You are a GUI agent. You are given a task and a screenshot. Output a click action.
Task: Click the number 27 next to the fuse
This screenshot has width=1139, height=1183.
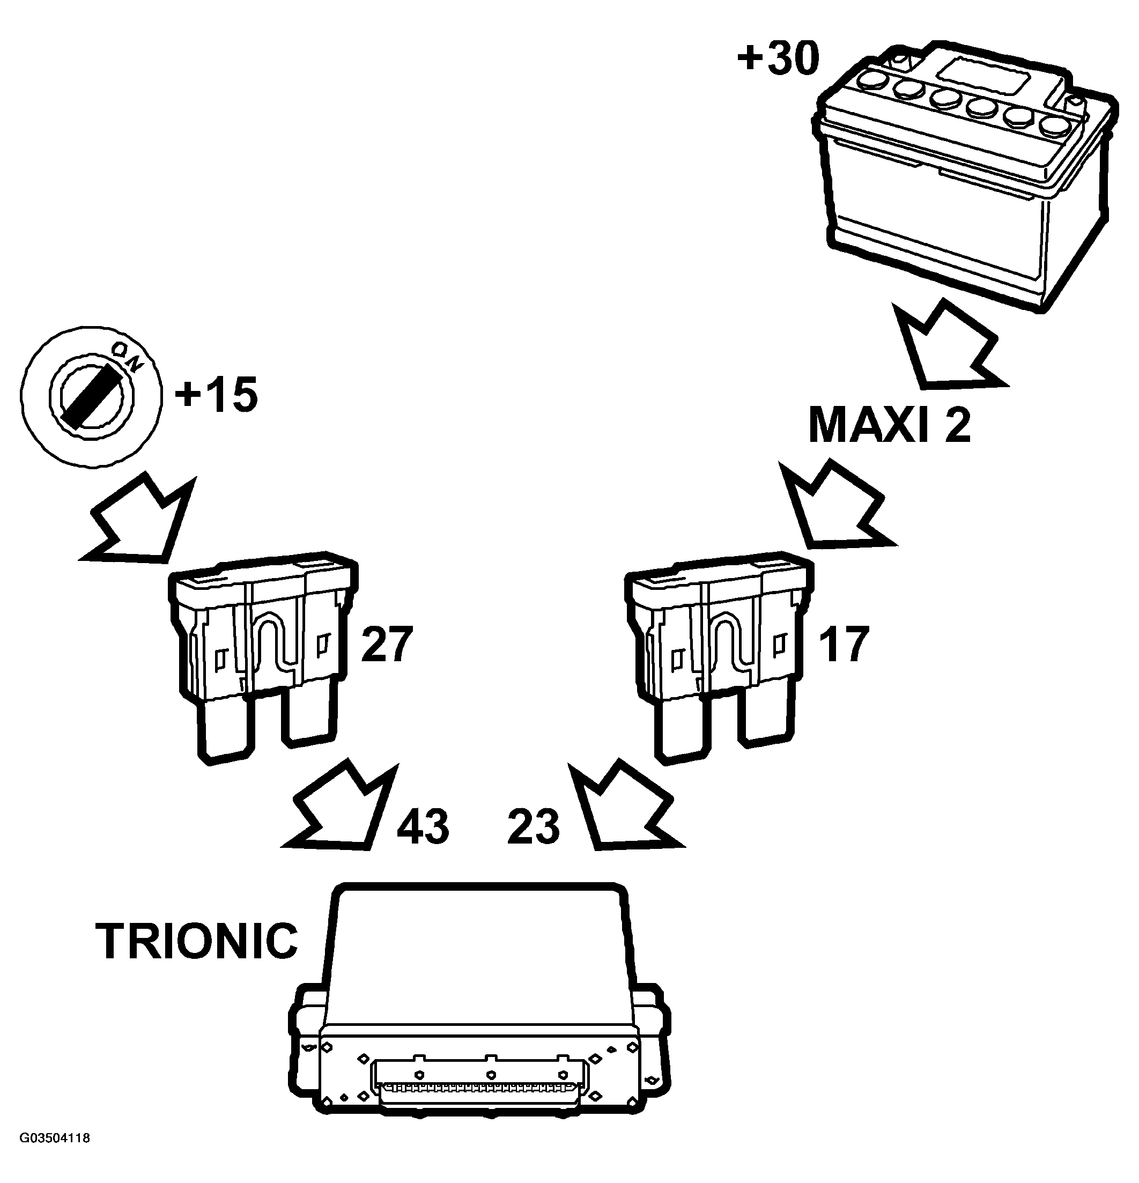pyautogui.click(x=386, y=645)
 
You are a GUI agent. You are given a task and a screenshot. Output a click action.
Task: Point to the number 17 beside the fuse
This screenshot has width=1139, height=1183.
pyautogui.click(x=842, y=645)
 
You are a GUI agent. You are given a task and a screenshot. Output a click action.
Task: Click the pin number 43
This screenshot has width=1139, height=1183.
pyautogui.click(x=423, y=826)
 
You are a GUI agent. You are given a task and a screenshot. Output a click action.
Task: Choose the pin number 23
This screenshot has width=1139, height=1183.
pyautogui.click(x=534, y=826)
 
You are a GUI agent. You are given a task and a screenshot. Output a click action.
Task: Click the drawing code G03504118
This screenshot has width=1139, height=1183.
pyautogui.click(x=55, y=1155)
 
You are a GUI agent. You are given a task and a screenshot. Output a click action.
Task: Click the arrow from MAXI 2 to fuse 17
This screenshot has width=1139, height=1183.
pyautogui.click(x=836, y=507)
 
